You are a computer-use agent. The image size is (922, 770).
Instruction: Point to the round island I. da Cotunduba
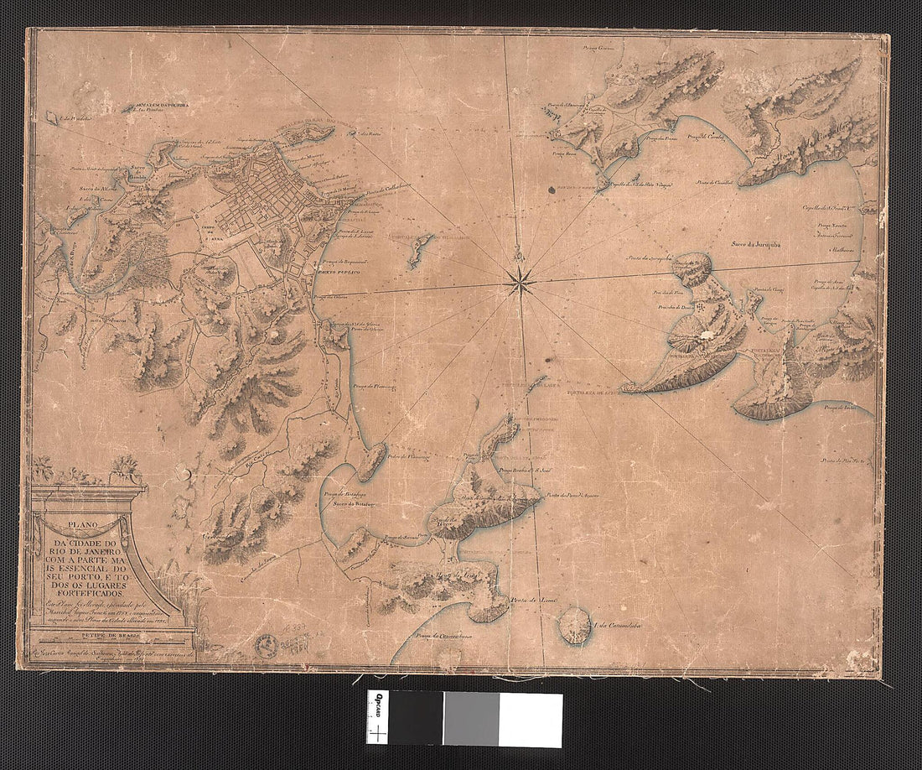pos(576,626)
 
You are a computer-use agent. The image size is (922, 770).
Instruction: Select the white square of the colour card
pos(530,720)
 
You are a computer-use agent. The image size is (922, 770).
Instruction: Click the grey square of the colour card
pos(471,720)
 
